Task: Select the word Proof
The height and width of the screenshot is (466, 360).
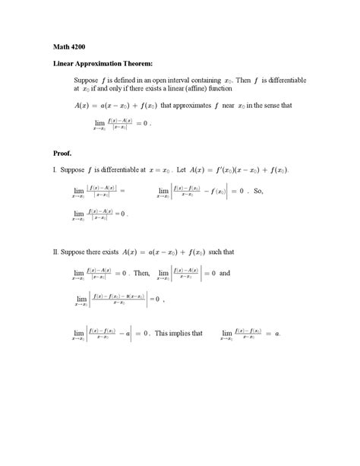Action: pos(63,153)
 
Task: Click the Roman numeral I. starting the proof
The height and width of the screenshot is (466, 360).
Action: pos(55,170)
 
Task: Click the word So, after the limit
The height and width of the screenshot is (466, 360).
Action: pos(258,192)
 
